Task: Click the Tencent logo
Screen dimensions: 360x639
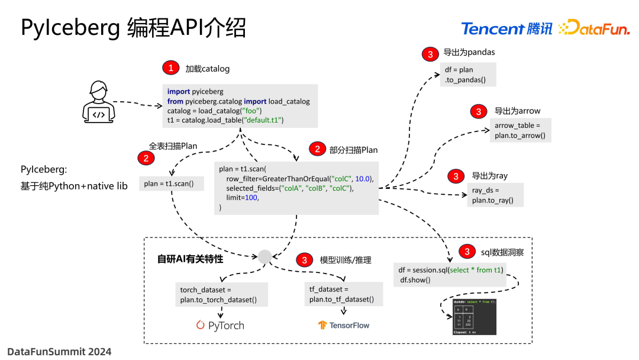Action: tap(506, 28)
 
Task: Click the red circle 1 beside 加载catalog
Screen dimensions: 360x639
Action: tap(170, 68)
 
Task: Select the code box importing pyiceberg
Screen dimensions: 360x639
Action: tap(240, 106)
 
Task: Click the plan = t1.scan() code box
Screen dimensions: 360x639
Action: tap(169, 184)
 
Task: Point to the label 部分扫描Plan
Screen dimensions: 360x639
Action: tap(353, 150)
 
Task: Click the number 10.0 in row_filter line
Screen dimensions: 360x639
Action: tap(363, 179)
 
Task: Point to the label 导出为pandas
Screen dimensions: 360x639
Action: tap(469, 52)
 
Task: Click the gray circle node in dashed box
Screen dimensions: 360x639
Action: tap(264, 256)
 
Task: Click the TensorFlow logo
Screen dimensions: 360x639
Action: tap(343, 325)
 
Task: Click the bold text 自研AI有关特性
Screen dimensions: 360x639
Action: tap(190, 259)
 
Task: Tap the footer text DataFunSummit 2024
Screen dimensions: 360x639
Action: tap(59, 351)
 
